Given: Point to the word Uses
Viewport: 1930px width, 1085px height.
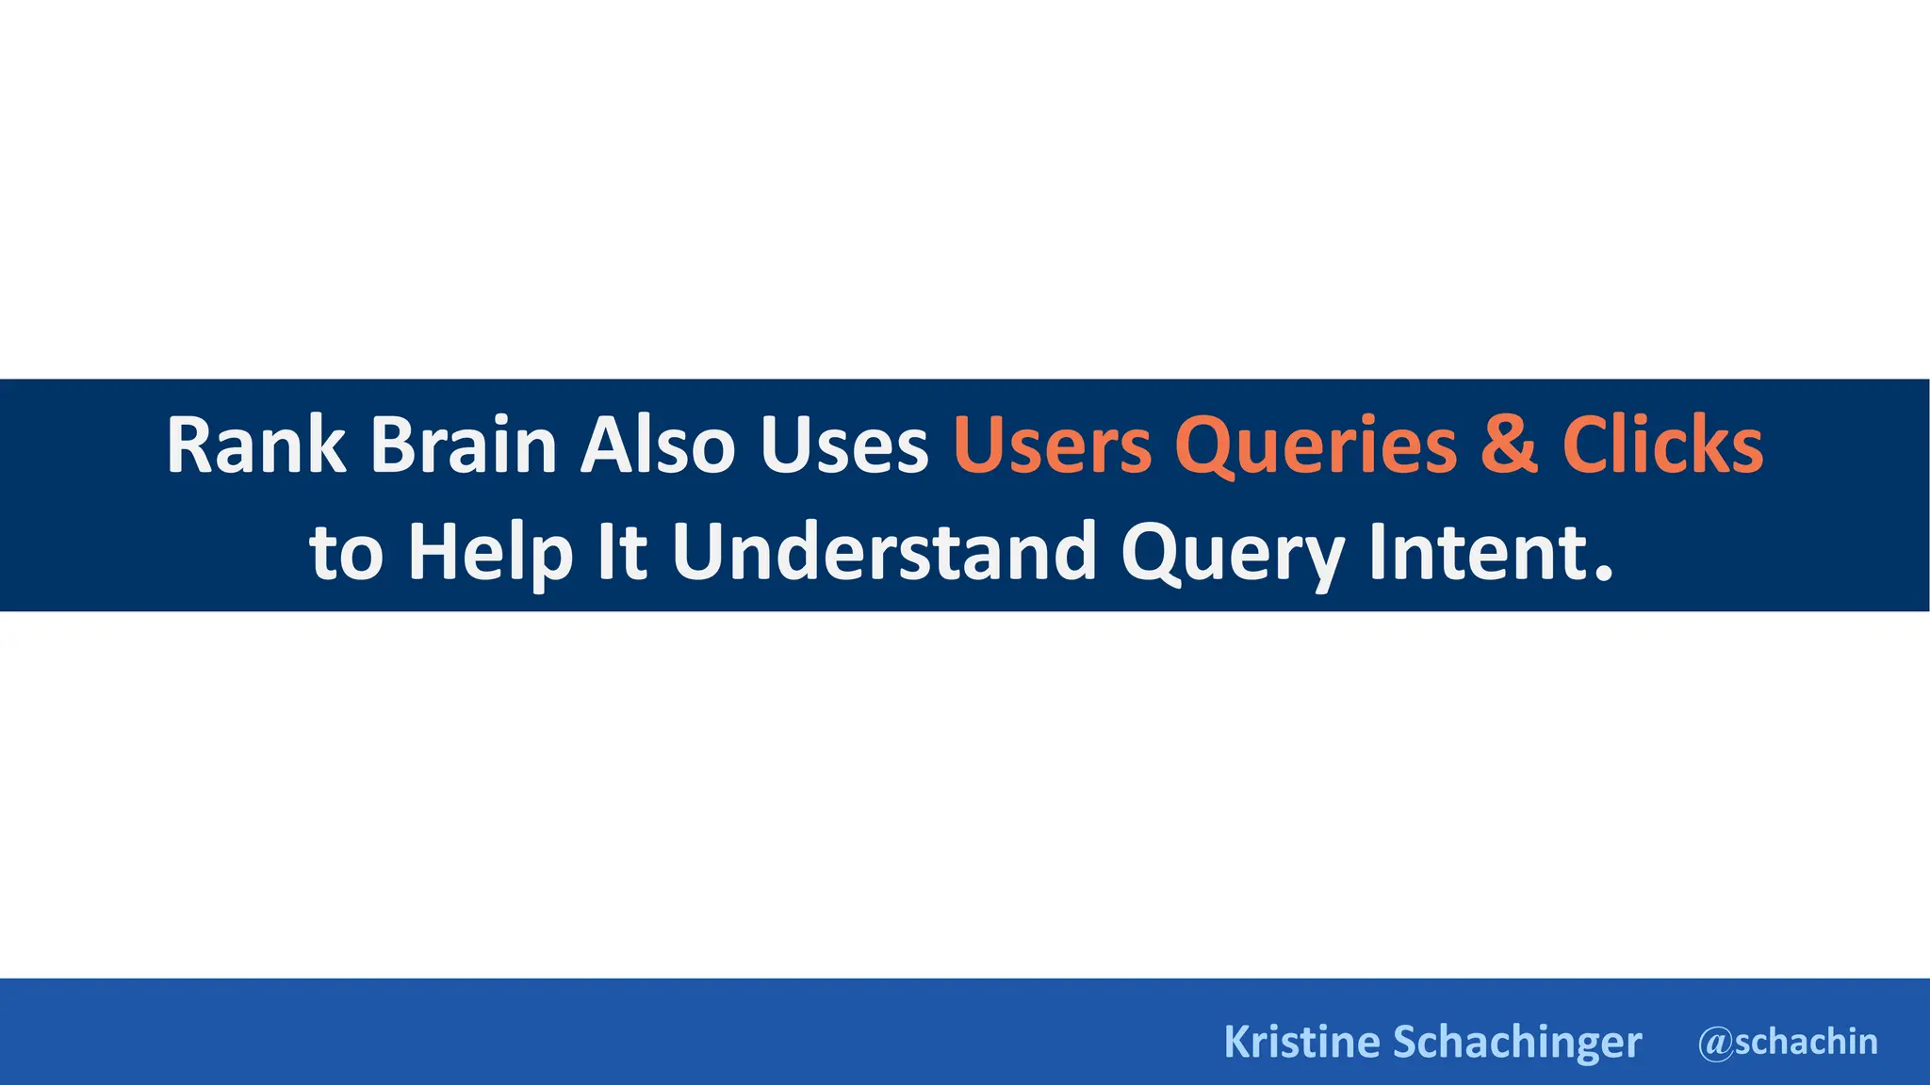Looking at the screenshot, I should coord(844,446).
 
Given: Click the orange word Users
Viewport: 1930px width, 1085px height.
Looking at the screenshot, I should coord(1052,446).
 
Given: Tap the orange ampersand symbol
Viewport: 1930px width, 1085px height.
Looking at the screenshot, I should coord(1509,446).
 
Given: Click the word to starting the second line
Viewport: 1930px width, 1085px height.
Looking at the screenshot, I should coord(346,554).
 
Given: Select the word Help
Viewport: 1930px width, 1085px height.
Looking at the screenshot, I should coord(490,554).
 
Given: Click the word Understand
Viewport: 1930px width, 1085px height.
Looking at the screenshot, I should coord(884,552).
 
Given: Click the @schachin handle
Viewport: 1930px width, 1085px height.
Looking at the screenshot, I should coord(1788,1042).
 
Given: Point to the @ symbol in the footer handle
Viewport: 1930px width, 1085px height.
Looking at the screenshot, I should coord(1715,1044).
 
